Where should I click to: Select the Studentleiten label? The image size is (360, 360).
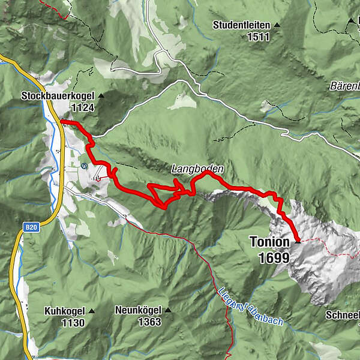coord(242,25)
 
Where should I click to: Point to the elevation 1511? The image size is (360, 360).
coord(257,36)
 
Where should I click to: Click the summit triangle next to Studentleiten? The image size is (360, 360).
coord(277,25)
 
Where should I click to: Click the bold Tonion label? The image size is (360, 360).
coord(269,243)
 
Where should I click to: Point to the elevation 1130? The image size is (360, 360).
coord(72,322)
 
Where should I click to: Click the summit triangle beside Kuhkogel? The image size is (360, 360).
coord(92,311)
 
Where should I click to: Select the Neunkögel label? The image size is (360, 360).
coord(139,311)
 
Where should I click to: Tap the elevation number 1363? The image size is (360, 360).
coord(149,322)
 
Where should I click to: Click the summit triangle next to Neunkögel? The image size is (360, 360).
coord(168,311)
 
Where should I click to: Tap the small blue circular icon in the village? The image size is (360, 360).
coord(84,165)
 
